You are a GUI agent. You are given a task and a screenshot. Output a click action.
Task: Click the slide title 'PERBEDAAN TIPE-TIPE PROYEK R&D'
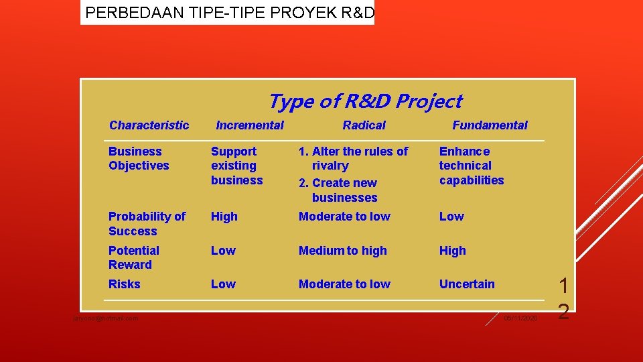point(227,12)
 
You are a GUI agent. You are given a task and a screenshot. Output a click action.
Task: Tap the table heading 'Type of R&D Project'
point(365,101)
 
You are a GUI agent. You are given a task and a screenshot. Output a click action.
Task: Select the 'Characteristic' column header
point(149,125)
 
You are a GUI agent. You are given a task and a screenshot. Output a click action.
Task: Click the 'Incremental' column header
point(249,125)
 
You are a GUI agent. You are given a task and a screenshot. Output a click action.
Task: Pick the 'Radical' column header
point(364,125)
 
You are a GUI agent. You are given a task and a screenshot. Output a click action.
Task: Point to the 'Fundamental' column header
point(490,125)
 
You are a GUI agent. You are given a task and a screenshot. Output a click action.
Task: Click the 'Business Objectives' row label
point(139,159)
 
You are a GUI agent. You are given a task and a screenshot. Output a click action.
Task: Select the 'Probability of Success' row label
point(147,224)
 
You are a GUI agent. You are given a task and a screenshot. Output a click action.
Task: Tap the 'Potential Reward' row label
point(133,257)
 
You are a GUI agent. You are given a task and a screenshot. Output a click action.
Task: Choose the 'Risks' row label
point(125,284)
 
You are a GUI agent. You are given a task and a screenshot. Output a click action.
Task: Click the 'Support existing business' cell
point(236,166)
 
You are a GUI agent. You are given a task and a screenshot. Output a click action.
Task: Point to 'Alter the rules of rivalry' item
point(353,159)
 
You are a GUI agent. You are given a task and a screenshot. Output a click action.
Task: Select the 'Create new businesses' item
point(338,190)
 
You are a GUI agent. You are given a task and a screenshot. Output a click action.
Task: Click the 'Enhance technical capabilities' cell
point(471,166)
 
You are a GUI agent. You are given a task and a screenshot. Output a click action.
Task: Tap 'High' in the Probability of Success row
point(224,217)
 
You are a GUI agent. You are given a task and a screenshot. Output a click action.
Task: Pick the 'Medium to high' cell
point(342,251)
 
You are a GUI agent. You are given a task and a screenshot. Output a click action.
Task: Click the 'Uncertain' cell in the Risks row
point(467,284)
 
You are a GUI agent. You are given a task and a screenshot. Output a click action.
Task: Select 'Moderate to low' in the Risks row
point(344,284)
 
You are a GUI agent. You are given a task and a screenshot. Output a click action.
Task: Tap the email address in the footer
point(105,318)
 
